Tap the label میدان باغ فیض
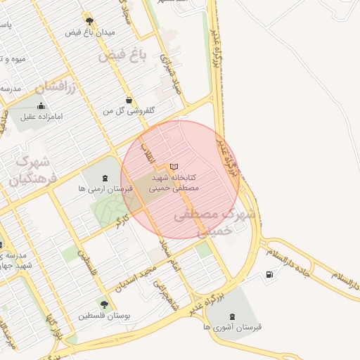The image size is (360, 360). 89,32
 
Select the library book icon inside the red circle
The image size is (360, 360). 174,166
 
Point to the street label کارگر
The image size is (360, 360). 124,222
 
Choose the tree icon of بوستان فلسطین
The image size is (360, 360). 104,304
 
